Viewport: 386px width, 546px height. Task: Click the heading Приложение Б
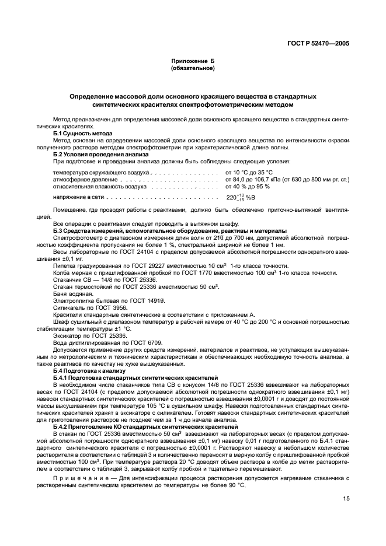(193, 61)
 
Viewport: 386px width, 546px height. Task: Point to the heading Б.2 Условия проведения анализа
(100, 154)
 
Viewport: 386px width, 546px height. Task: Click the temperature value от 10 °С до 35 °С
(249, 173)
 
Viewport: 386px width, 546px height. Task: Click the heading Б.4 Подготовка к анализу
(89, 371)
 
